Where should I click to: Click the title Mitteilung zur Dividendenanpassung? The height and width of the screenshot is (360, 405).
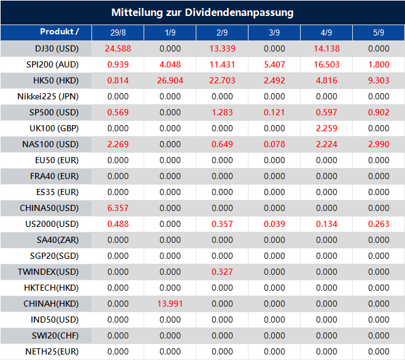point(202,12)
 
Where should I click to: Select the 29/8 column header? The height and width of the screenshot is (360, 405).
point(118,33)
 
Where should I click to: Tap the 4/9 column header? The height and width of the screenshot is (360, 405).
point(326,33)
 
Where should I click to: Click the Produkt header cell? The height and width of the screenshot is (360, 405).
point(60,32)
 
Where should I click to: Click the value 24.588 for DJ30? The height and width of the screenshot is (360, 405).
point(118,48)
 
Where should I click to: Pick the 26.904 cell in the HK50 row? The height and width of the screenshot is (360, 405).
point(170,80)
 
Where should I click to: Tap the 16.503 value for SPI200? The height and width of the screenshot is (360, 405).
point(326,64)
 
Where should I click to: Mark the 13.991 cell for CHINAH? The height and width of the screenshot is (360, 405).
point(170,304)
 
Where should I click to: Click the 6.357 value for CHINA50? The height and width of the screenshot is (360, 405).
point(118,208)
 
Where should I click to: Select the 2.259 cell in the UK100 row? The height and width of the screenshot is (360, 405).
point(326,128)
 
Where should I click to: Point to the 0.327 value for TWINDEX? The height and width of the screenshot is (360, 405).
point(222,272)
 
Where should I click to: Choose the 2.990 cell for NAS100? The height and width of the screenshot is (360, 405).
point(379,144)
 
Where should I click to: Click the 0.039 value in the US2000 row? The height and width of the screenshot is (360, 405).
point(274,224)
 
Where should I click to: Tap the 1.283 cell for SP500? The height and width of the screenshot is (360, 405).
point(222,112)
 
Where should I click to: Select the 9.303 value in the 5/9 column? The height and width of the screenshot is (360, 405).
point(379,80)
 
